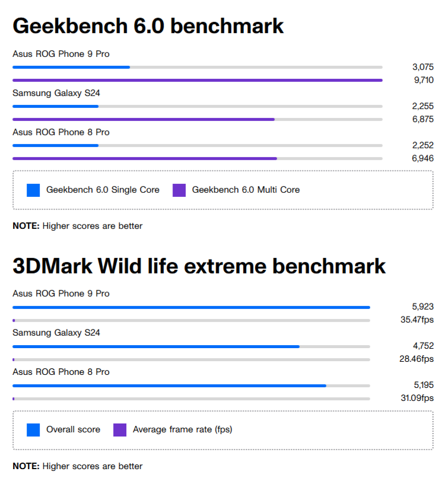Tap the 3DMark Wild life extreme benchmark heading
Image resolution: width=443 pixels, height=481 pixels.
tap(199, 266)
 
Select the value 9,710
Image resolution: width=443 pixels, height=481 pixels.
tap(423, 80)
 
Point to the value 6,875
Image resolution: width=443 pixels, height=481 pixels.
tap(423, 119)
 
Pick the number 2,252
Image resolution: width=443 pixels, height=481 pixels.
tap(423, 145)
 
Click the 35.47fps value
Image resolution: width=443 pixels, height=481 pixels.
tap(417, 320)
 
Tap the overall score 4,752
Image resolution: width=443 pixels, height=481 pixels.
tap(423, 346)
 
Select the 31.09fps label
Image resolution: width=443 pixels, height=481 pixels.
tap(417, 398)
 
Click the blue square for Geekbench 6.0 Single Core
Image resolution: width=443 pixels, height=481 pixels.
tap(33, 190)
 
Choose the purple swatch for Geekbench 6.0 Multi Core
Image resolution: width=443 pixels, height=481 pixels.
tap(179, 190)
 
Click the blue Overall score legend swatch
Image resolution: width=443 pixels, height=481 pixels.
tap(33, 430)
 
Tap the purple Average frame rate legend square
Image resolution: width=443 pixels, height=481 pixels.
tap(120, 430)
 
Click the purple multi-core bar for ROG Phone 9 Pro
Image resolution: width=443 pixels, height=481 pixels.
tap(197, 80)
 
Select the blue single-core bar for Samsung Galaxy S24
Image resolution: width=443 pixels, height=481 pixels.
tap(55, 106)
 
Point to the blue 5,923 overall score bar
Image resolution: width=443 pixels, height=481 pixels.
tap(191, 307)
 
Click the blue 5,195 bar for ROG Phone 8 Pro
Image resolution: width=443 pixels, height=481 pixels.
tap(169, 386)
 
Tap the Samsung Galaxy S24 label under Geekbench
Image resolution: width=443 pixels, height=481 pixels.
tap(52, 93)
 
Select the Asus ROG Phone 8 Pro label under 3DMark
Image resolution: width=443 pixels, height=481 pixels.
tap(61, 372)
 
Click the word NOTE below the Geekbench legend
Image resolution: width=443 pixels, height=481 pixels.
tap(26, 226)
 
